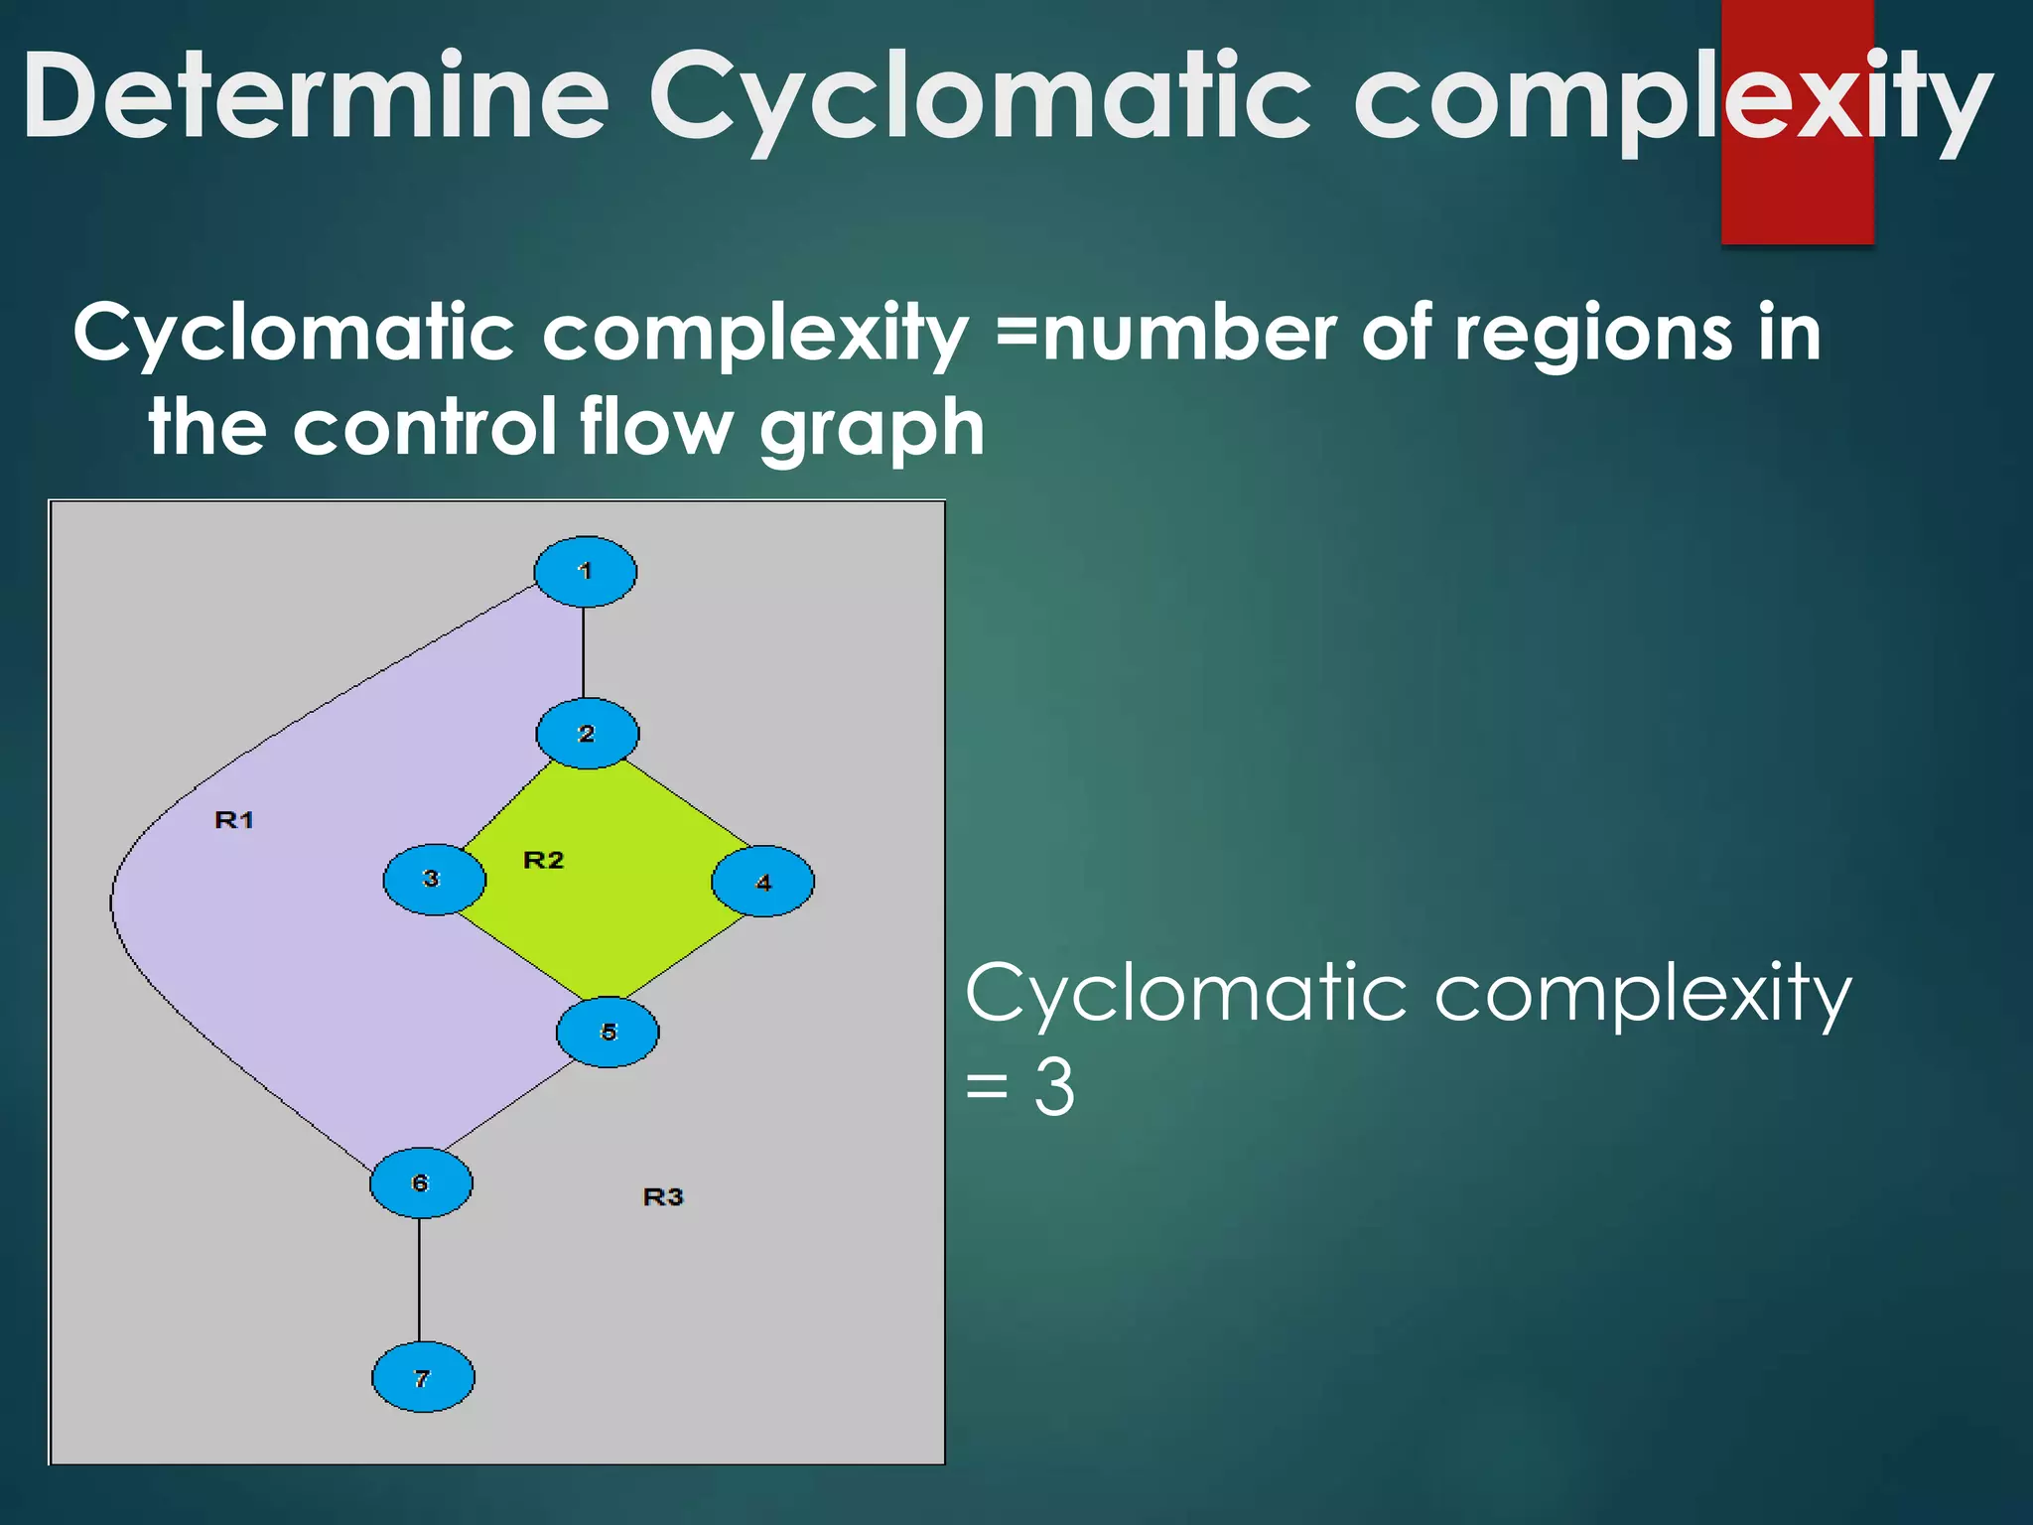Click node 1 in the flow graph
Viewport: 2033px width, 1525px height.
585,572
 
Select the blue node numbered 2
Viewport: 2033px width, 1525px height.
587,734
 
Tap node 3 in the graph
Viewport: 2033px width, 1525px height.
434,880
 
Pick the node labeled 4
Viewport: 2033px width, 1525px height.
762,882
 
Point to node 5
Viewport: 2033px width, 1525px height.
608,1033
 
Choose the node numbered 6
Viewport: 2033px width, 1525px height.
421,1182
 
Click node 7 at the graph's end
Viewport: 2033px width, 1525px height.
423,1378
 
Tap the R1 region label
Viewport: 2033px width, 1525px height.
234,820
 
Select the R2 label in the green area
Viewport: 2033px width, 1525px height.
543,860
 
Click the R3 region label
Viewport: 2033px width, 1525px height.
663,1197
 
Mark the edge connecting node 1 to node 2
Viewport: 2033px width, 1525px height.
584,652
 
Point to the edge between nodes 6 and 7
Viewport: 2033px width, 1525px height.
419,1281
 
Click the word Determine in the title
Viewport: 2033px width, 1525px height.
316,96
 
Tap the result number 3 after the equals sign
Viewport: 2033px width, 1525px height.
1054,1088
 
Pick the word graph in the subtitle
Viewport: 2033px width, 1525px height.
872,429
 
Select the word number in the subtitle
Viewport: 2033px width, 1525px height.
1189,334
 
